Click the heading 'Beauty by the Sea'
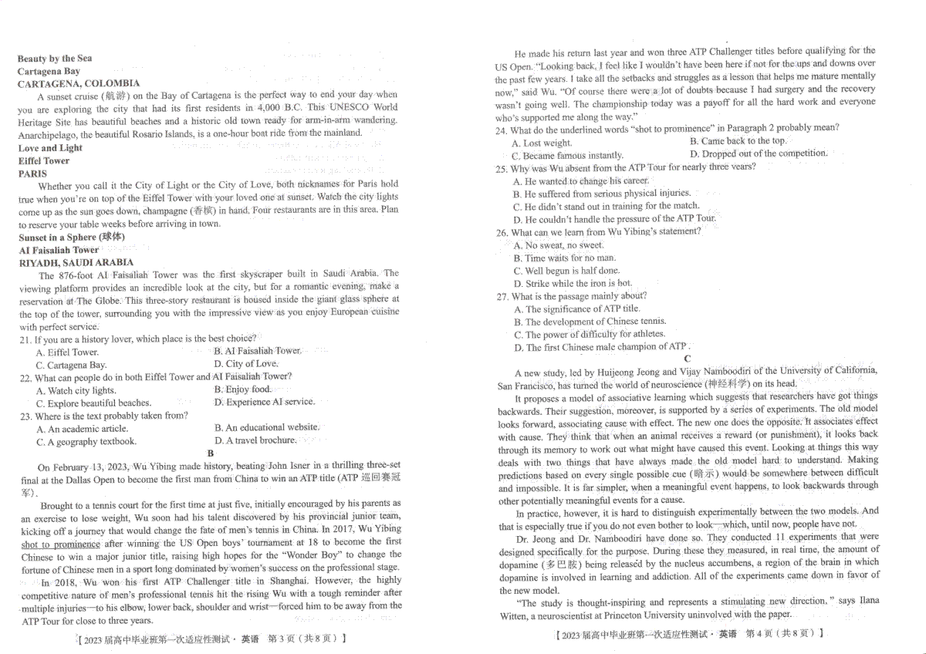55,59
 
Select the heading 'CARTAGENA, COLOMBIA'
79,83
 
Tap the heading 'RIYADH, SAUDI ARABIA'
76,262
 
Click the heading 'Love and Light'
50,148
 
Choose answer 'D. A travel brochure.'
255,440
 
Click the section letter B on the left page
210,453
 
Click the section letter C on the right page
687,359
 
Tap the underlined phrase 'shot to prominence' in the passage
61,544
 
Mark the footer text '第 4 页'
760,633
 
